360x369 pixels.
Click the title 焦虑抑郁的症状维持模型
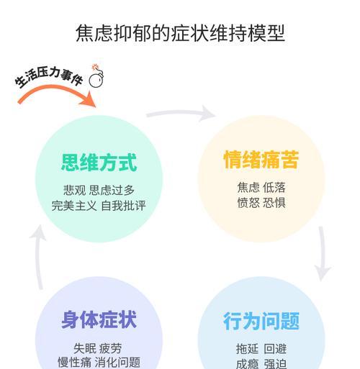[x=180, y=33]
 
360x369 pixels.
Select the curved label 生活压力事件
[x=49, y=77]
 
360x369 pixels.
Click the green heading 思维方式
[x=99, y=163]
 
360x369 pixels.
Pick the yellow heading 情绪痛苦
[x=261, y=159]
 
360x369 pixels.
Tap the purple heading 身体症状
[x=99, y=319]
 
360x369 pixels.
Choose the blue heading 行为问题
[x=261, y=321]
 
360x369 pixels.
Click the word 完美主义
[x=74, y=206]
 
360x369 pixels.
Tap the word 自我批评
[x=123, y=206]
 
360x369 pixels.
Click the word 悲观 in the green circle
[x=74, y=191]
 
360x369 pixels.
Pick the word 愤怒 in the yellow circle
[x=248, y=203]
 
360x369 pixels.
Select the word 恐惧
[x=274, y=203]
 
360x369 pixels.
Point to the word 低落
[x=274, y=187]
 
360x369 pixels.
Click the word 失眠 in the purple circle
[x=85, y=348]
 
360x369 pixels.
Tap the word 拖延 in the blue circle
[x=247, y=349]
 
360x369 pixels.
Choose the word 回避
[x=275, y=349]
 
